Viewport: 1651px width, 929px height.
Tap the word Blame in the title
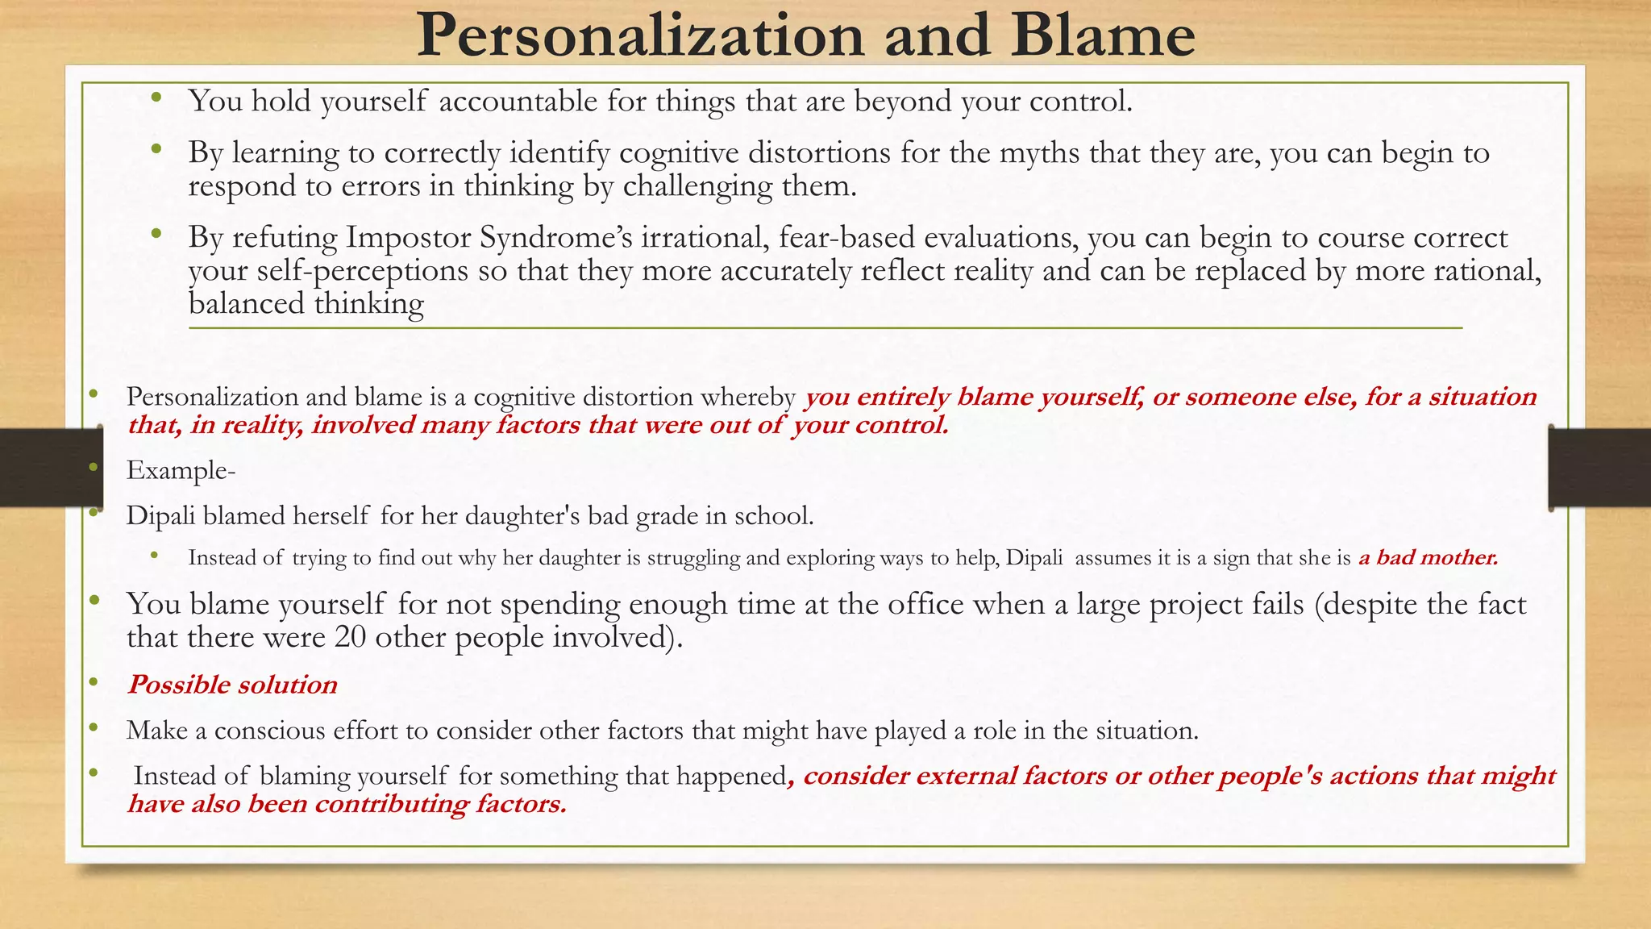pos(1104,36)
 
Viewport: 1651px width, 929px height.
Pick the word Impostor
pos(409,238)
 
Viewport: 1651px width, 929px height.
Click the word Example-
pos(181,470)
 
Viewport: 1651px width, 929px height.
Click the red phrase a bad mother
pos(1428,557)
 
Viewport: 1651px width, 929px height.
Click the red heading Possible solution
pos(232,685)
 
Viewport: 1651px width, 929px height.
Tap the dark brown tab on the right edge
pos(1599,468)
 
